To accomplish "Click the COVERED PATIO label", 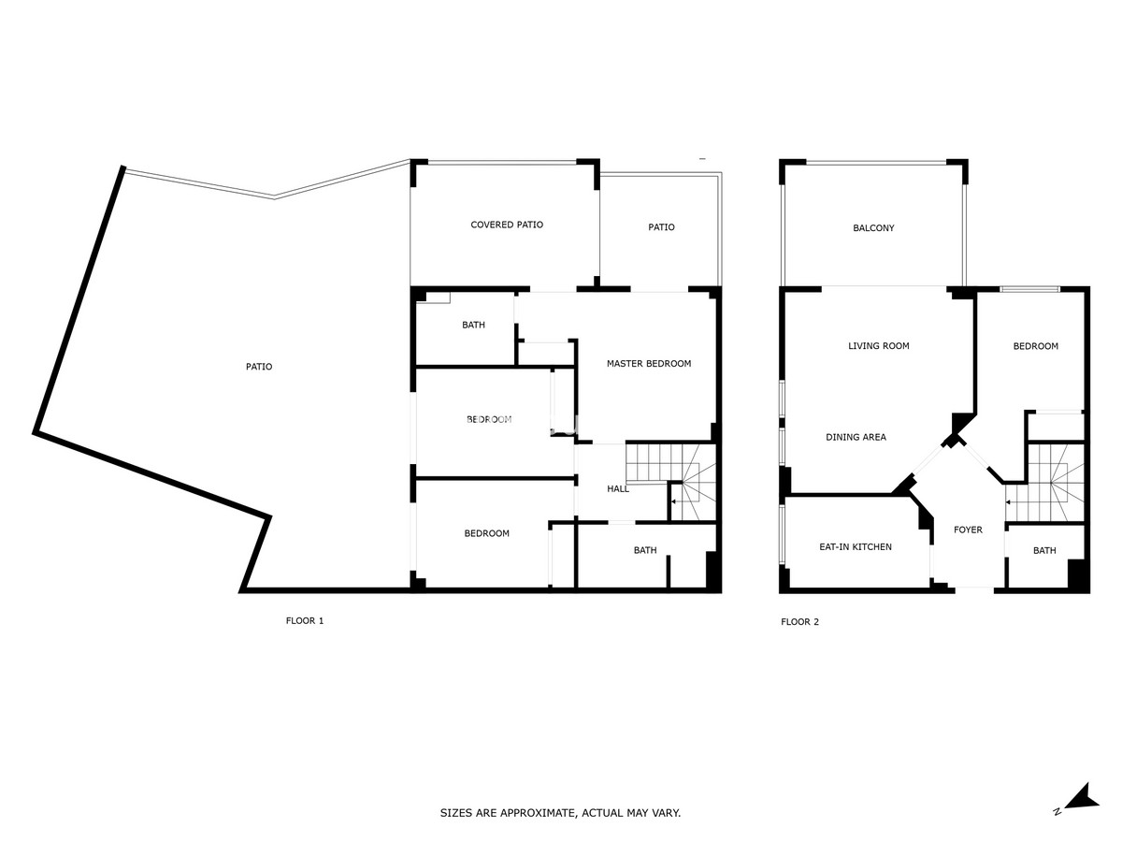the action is [x=507, y=225].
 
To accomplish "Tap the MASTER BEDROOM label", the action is [x=649, y=364].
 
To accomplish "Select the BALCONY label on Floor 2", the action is [x=873, y=228].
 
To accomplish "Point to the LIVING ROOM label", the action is [x=879, y=346].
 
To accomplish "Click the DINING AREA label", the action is [x=856, y=437].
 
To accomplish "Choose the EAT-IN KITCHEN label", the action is [x=856, y=547].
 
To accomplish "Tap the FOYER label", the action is [x=968, y=530].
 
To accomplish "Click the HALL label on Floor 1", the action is [x=618, y=488].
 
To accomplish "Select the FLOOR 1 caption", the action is [x=305, y=620].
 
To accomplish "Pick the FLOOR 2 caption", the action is [x=800, y=621].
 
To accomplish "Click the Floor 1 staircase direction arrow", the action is [x=677, y=501].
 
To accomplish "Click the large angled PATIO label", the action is [x=259, y=367].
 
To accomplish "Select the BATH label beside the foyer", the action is [x=1044, y=551].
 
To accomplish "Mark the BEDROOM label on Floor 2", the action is [x=1036, y=346].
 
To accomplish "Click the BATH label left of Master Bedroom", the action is [x=473, y=325].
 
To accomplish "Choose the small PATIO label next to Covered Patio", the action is [x=661, y=227].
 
